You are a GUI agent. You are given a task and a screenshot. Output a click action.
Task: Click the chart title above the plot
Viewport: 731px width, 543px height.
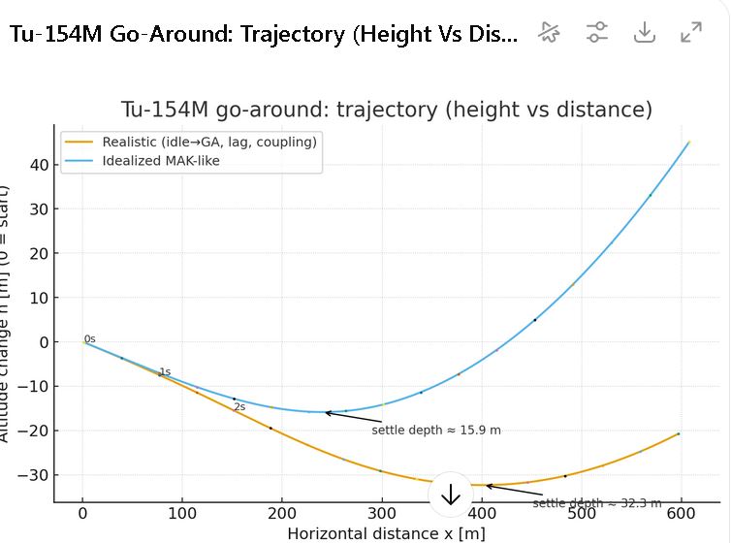386,110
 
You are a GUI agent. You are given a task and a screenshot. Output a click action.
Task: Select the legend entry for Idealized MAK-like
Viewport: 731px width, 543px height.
161,160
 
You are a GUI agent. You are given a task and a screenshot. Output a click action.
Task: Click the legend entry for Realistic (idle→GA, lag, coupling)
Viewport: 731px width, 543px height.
209,143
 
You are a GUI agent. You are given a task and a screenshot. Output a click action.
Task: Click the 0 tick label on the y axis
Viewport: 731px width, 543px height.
43,341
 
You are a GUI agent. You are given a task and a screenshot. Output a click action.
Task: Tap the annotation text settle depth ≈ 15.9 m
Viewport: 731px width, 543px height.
436,429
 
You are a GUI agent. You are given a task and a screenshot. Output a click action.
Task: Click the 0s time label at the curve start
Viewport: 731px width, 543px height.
89,339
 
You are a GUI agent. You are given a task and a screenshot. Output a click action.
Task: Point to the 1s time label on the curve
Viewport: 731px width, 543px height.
165,371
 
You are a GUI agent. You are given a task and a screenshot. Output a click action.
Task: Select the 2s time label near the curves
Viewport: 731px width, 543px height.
238,407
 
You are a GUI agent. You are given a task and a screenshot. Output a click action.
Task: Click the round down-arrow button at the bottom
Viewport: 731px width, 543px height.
451,494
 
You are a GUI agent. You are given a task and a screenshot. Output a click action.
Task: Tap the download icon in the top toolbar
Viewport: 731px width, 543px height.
645,32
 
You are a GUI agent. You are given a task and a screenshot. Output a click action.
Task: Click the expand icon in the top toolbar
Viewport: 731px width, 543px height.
691,32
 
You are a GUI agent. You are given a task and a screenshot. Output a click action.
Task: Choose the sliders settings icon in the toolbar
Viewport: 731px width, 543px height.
597,32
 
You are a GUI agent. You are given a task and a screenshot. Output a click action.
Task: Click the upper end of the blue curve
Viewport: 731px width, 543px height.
688,142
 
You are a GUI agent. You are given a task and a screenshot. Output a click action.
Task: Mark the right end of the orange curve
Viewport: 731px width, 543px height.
679,433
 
